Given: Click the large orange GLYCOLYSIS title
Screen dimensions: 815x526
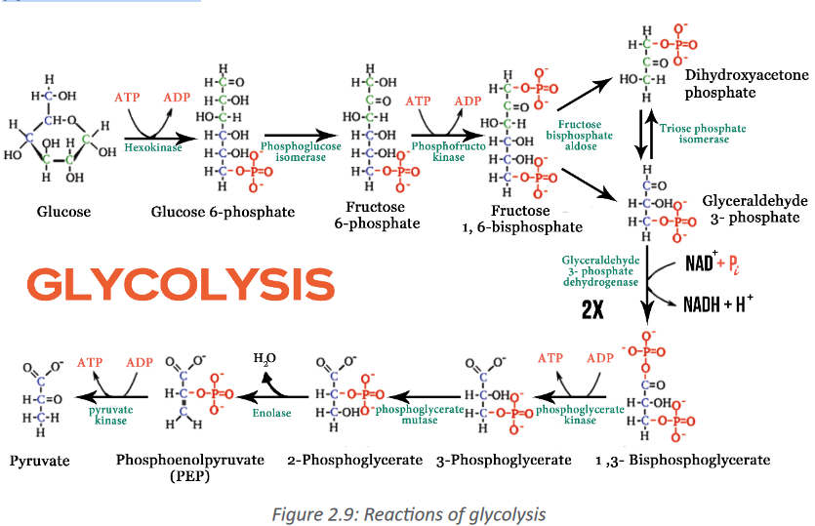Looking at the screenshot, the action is coord(181,284).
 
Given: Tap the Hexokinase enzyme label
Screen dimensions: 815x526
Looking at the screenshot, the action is coord(153,147).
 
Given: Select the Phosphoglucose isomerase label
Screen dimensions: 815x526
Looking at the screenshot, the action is coord(301,151).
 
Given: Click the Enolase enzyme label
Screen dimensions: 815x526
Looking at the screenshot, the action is coord(272,413).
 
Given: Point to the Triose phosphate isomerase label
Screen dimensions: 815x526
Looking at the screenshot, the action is coord(703,134).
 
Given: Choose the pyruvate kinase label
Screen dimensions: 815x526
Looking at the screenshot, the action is coord(110,415).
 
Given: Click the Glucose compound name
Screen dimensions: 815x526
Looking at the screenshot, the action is coord(63,212).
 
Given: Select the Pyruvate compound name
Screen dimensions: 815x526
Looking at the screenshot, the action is coord(39,461).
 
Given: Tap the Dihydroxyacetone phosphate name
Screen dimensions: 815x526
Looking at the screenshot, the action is coord(747,84).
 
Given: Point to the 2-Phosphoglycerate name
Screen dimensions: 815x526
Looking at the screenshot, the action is coord(355,461).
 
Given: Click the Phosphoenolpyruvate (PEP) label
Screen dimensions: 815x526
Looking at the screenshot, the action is coord(189,467).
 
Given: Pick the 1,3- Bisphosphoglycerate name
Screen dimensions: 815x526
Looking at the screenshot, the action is coord(683,461).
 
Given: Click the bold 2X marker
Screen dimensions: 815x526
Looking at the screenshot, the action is coord(592,309).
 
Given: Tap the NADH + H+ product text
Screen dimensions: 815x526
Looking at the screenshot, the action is coord(717,303).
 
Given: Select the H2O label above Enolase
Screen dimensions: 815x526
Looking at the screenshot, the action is coord(265,358).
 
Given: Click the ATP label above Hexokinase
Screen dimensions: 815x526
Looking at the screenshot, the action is coord(127,98).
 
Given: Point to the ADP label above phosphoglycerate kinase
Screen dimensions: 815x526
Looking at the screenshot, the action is coord(600,358).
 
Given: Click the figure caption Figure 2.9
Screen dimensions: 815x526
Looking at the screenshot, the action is coord(409,514).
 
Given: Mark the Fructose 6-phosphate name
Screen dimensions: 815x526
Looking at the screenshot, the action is coord(377,215).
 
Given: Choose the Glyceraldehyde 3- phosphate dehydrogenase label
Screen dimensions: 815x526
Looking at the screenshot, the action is coord(601,270).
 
